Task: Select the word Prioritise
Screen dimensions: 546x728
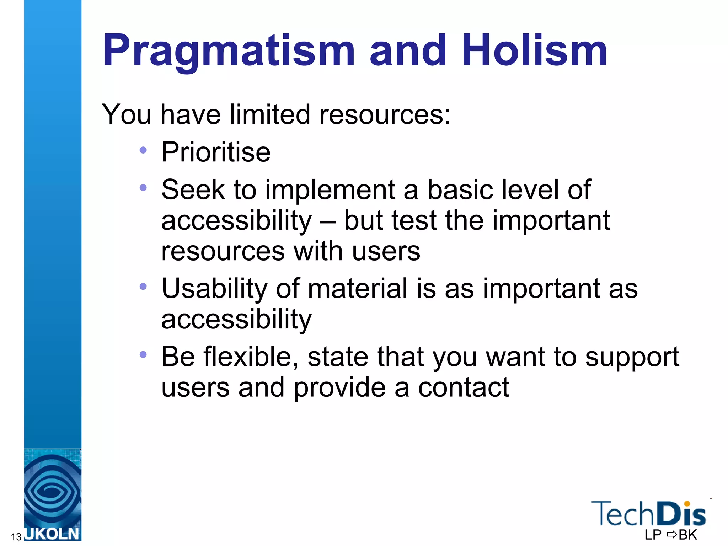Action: click(x=216, y=152)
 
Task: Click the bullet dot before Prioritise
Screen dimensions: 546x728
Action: click(x=143, y=150)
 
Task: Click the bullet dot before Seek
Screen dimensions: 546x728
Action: click(x=143, y=188)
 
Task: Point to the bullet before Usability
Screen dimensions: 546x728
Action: click(x=143, y=287)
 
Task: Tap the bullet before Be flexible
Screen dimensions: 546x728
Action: click(x=143, y=354)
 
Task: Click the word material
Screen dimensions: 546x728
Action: click(x=357, y=289)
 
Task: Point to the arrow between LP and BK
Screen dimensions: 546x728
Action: click(x=672, y=534)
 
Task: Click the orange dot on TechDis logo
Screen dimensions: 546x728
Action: click(x=687, y=504)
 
